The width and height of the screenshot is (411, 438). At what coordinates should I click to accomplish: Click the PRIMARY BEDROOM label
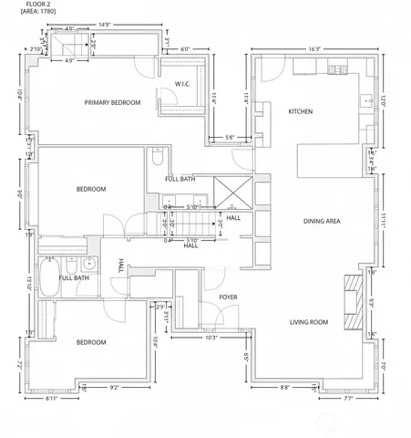click(112, 103)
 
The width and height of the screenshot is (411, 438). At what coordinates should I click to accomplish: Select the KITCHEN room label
click(300, 111)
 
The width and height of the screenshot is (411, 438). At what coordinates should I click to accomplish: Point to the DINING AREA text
click(322, 221)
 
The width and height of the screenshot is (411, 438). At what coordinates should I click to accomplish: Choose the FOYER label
click(230, 297)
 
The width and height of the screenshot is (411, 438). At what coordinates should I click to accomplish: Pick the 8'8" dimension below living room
click(284, 388)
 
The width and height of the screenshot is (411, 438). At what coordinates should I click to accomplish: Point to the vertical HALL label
click(120, 266)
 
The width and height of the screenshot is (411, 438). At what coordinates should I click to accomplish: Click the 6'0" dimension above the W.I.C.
click(185, 50)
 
